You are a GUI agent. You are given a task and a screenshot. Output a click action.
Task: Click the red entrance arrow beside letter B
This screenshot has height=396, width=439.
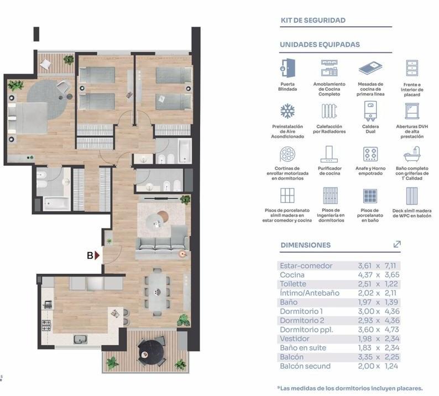click(97, 256)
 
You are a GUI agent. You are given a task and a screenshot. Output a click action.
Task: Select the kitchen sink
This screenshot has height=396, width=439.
click(80, 340)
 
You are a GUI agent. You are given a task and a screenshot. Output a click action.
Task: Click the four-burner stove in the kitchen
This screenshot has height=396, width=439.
click(46, 325)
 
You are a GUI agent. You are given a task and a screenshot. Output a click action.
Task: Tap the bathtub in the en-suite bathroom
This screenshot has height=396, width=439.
click(56, 204)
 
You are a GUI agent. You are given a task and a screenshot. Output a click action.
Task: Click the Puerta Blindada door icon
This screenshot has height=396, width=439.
click(288, 68)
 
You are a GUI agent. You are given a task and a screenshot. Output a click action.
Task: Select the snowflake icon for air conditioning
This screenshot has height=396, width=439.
click(288, 111)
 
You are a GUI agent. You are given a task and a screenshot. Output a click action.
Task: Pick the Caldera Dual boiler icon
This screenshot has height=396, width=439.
click(370, 111)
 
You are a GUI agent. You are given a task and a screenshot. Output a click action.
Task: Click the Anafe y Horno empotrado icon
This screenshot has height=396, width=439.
click(370, 154)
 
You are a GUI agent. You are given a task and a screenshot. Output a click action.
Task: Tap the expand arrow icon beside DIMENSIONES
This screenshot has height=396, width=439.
click(397, 244)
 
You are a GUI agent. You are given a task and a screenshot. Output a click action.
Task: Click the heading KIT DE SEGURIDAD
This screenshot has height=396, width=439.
click(313, 20)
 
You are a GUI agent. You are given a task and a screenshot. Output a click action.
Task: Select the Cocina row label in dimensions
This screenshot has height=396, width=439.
click(292, 275)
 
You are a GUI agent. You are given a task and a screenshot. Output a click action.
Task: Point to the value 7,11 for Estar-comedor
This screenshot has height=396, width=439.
click(390, 265)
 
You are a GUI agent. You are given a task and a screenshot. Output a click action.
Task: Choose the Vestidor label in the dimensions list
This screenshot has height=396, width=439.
click(295, 338)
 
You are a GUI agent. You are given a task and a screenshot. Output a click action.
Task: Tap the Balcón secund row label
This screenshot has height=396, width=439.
click(305, 366)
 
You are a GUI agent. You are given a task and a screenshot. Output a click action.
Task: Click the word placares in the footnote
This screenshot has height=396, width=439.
click(409, 388)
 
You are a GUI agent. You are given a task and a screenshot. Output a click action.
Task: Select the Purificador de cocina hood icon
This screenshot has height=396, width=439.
click(330, 154)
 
